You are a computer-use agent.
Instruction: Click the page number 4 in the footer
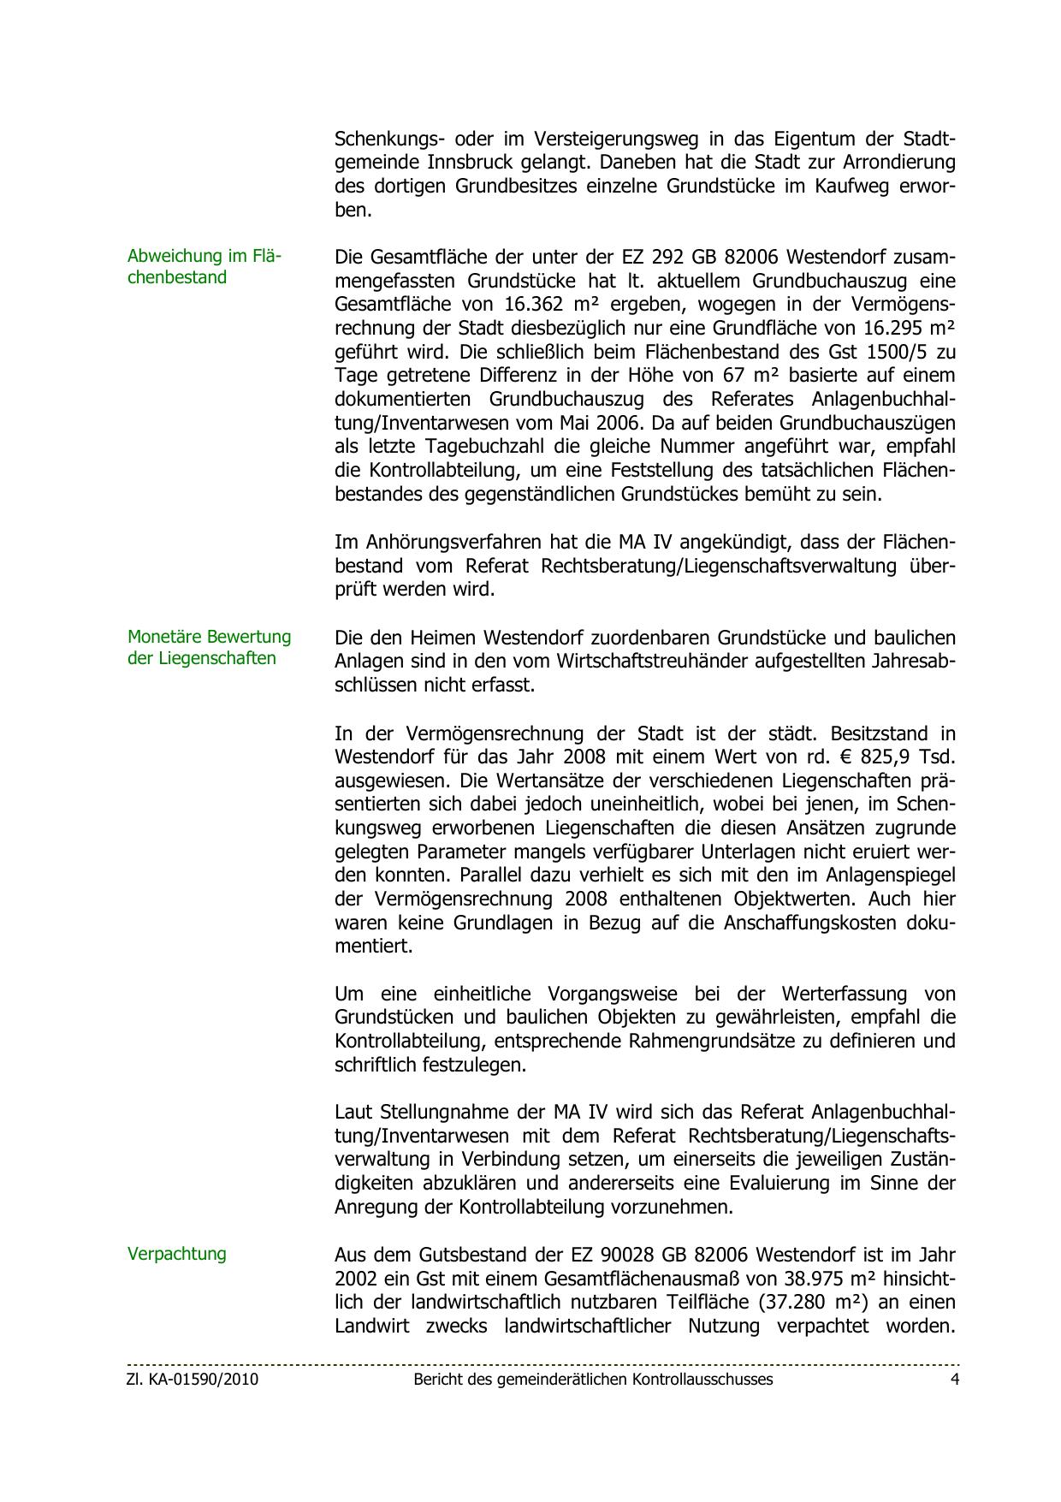(x=955, y=1379)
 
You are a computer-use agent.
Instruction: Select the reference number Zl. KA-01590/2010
(x=193, y=1379)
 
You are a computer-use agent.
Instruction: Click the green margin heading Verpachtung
(x=177, y=1254)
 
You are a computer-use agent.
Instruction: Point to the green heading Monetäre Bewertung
(x=209, y=637)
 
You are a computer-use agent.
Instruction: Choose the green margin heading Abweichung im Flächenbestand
(x=204, y=266)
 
